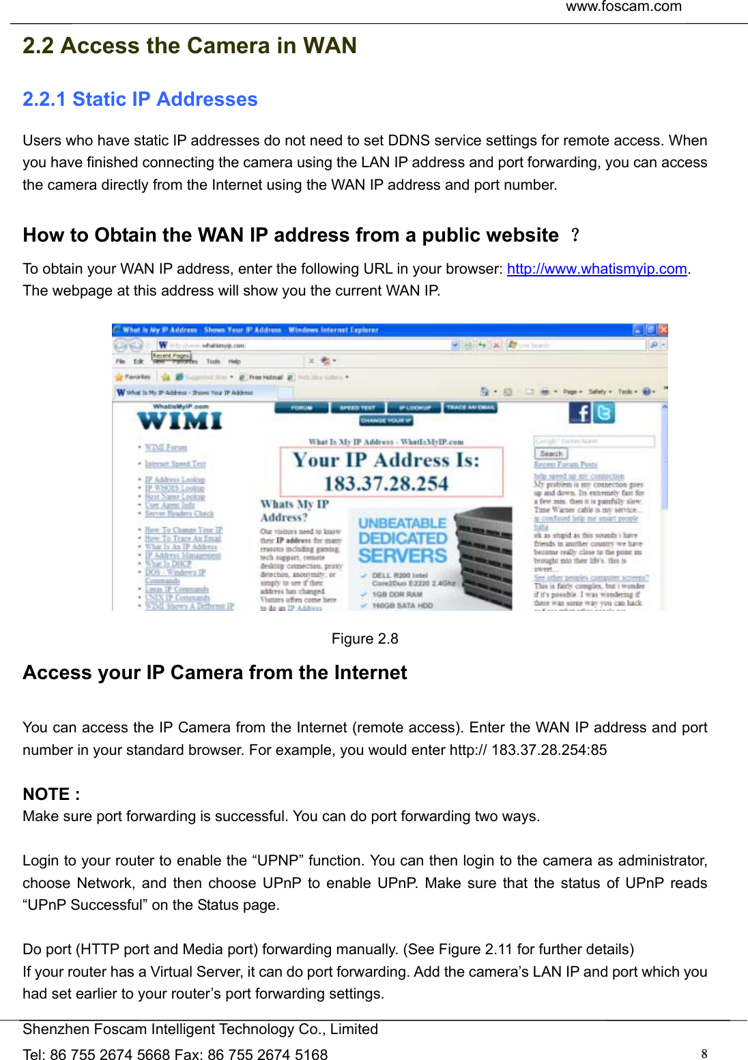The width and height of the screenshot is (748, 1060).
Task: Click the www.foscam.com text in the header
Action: (623, 7)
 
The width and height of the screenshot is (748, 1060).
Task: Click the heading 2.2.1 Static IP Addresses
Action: (140, 100)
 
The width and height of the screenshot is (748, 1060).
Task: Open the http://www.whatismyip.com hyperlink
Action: (596, 269)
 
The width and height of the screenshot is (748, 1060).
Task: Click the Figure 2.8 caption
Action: (364, 639)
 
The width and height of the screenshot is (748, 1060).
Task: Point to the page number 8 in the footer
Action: (704, 1053)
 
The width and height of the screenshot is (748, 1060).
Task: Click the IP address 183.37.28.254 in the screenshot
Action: (386, 484)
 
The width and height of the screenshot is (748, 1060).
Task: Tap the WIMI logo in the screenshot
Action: (179, 420)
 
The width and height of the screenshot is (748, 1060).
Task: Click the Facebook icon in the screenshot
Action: (580, 412)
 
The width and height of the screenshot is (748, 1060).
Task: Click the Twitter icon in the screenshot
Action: (604, 412)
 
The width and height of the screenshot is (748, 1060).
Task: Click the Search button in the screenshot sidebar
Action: (551, 453)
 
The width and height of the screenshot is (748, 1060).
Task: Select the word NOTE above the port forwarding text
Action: (46, 794)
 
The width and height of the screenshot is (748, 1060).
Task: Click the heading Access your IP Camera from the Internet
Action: (215, 673)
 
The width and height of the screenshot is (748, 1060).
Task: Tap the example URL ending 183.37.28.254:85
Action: (528, 750)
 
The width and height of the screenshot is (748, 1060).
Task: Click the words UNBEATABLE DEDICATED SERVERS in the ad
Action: (403, 540)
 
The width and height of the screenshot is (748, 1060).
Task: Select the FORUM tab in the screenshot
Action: (301, 407)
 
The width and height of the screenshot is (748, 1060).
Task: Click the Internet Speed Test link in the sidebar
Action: (175, 464)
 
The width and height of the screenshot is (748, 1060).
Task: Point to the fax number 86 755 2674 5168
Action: (268, 1055)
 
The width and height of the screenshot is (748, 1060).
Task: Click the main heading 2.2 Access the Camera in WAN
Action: (190, 46)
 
